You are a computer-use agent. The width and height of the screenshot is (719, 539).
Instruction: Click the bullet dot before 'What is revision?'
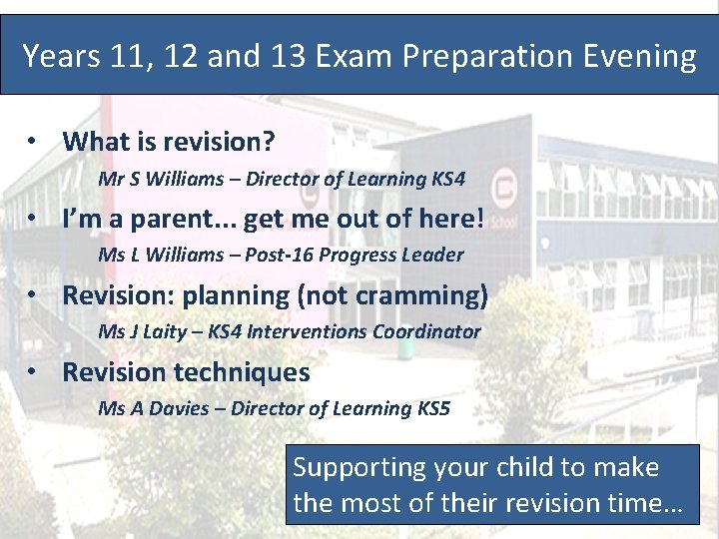click(34, 142)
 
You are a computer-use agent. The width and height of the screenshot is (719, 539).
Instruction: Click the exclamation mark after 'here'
click(480, 218)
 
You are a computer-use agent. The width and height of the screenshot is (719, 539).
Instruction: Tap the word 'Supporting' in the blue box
click(360, 467)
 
